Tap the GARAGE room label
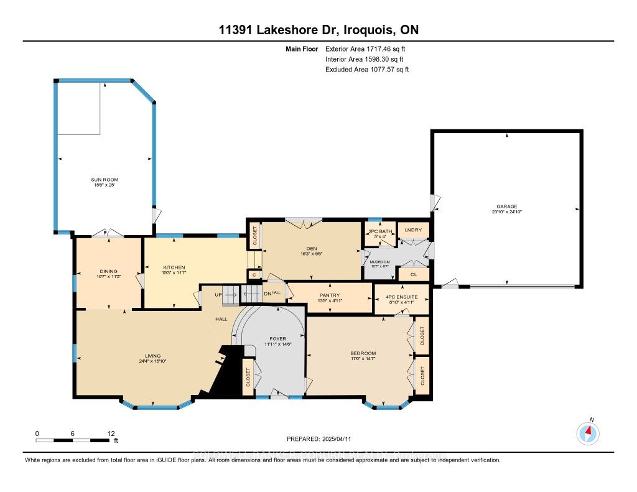506,207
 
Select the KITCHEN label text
174,267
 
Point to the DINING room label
108,271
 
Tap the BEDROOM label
363,353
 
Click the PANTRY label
330,295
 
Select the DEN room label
312,248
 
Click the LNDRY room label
413,230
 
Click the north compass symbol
588,432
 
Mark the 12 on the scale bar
111,433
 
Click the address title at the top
318,30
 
